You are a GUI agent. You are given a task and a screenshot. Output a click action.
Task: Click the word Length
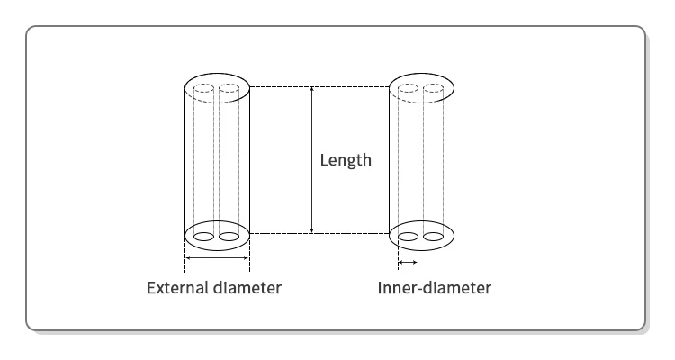[x=346, y=161]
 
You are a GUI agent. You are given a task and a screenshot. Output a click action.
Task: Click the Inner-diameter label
[x=435, y=289]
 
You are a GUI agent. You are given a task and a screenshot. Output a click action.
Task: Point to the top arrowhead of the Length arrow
[x=311, y=89]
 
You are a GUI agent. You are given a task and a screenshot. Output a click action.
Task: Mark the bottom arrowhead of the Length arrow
[x=311, y=230]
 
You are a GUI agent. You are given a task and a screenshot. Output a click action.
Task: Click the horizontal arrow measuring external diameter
[x=216, y=258]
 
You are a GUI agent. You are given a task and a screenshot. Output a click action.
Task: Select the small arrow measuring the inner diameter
[x=408, y=263]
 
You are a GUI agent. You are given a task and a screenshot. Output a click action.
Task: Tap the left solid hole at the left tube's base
[x=203, y=237]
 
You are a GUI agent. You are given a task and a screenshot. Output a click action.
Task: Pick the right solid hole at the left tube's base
[x=229, y=237]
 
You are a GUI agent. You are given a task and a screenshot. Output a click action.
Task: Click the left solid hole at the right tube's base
[x=408, y=238]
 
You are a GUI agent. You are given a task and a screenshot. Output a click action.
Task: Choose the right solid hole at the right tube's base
[x=434, y=238]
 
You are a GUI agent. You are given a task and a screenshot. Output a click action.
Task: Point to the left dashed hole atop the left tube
[x=203, y=89]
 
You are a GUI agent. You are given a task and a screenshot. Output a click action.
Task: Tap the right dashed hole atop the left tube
[x=229, y=89]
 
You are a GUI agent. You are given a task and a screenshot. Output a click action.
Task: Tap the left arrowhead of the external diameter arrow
[x=187, y=258]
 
